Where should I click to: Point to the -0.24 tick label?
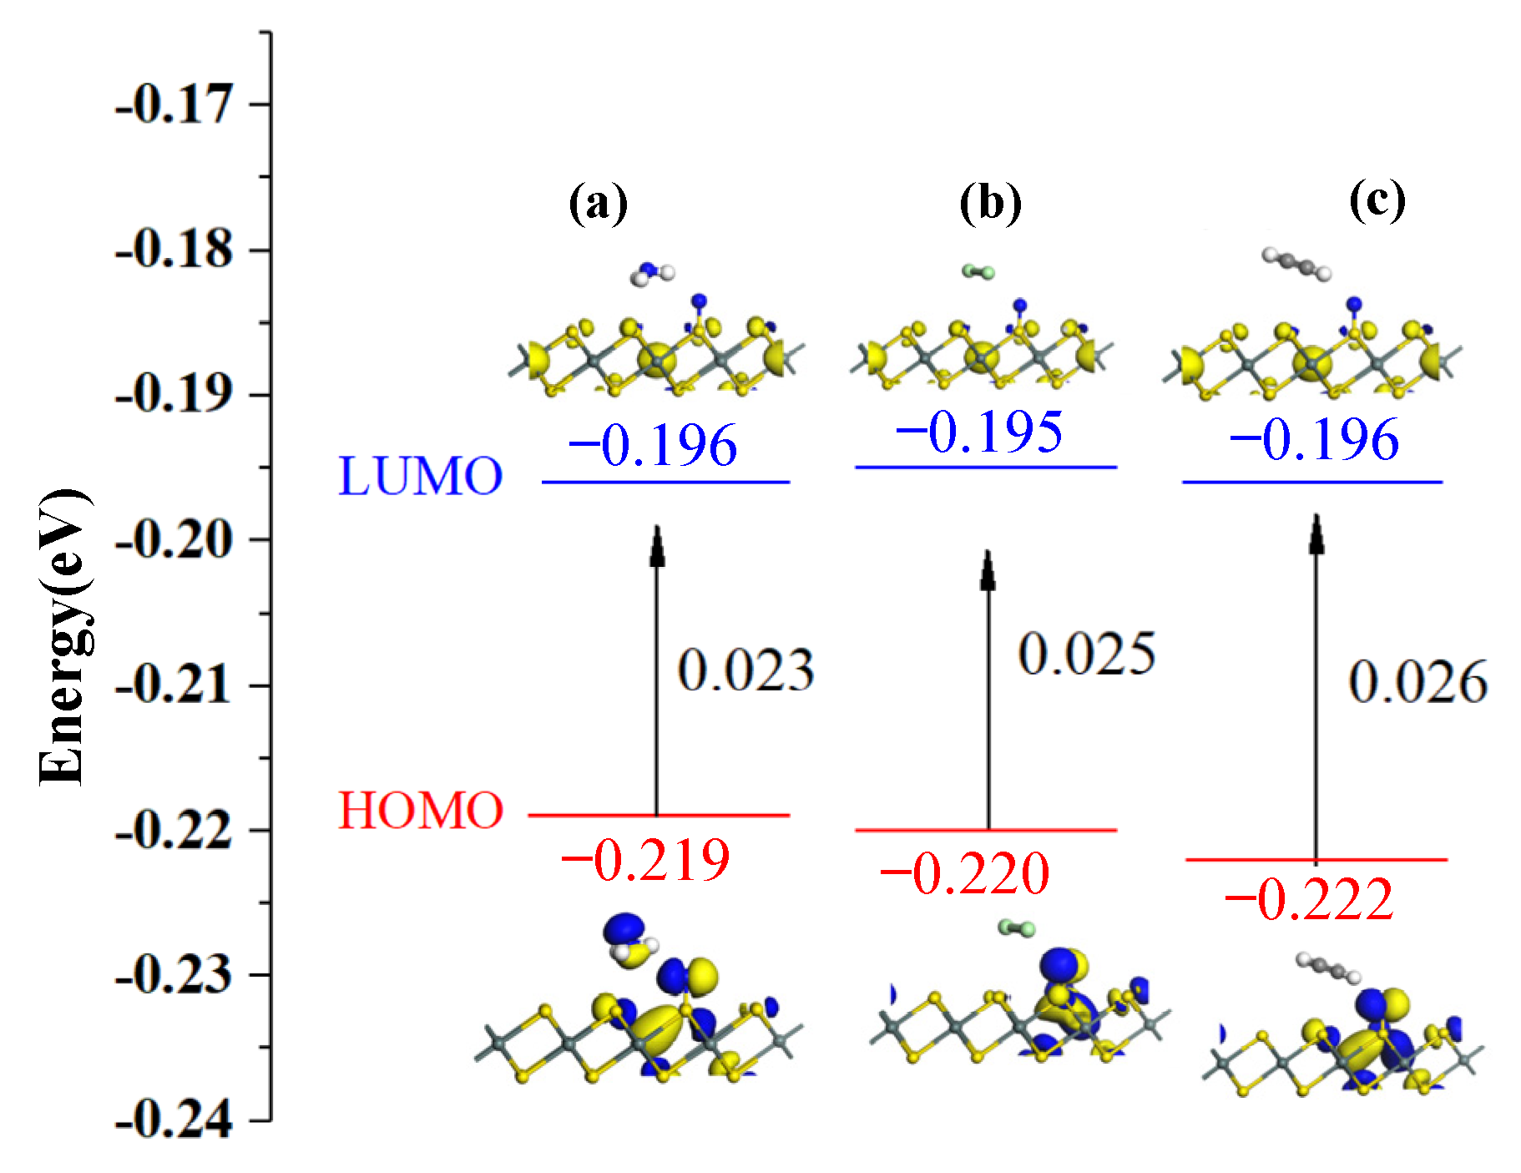coord(174,1120)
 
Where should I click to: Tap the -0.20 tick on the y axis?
coord(174,540)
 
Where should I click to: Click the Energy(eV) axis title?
coord(63,636)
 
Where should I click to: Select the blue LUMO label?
coord(420,477)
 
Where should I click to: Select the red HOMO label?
coord(420,811)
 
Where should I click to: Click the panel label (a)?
coord(598,203)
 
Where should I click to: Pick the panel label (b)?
coord(990,203)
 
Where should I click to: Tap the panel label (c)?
coord(1377,200)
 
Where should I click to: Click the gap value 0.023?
coord(745,670)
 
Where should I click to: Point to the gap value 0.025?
coord(1086,654)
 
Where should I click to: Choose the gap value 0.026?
coord(1417,682)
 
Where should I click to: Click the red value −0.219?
coord(645,861)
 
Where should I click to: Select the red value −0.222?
coord(1309,899)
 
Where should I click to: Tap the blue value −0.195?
coord(979,432)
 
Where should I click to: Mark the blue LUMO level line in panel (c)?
coord(1377,482)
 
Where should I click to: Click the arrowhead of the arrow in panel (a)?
coord(658,547)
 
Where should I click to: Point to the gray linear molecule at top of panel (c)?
coord(1296,264)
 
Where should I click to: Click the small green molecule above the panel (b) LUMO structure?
coord(978,271)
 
